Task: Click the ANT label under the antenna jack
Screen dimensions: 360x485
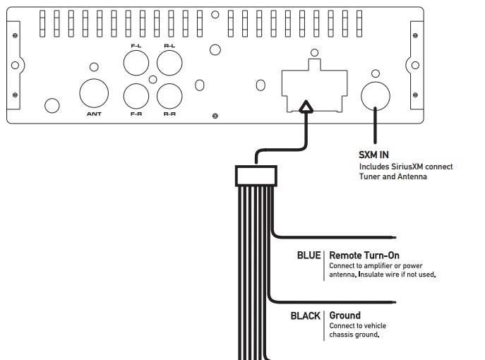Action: pyautogui.click(x=93, y=113)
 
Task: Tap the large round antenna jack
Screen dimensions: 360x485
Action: pyautogui.click(x=94, y=92)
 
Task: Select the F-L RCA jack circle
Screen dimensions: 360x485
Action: pyautogui.click(x=136, y=64)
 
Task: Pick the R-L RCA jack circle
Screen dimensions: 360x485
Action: pyautogui.click(x=169, y=64)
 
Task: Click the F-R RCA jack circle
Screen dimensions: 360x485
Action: pyautogui.click(x=136, y=95)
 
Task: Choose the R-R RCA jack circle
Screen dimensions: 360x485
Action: pyautogui.click(x=169, y=95)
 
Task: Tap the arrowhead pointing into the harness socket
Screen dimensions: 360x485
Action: pyautogui.click(x=305, y=108)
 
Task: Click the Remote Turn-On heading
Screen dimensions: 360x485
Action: pyautogui.click(x=366, y=255)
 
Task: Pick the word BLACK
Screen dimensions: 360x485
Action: pyautogui.click(x=306, y=316)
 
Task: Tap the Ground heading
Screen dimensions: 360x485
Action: pyautogui.click(x=345, y=316)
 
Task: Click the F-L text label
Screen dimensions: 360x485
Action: pyautogui.click(x=136, y=46)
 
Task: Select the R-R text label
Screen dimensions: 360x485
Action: pyautogui.click(x=169, y=113)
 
